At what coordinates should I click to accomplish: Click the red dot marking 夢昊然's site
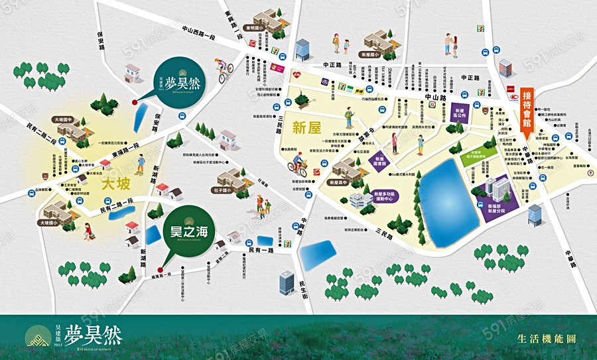tap(135, 102)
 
